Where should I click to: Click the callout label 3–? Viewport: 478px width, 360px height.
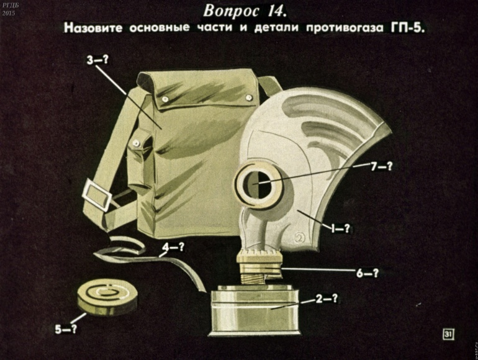97,60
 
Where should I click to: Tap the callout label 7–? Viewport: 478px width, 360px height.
381,166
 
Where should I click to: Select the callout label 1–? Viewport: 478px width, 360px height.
341,228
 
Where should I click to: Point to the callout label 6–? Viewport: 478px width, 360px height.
368,273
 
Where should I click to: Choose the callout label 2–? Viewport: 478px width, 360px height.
327,299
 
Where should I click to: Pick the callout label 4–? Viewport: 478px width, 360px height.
173,247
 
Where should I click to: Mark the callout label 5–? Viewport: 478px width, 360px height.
66,329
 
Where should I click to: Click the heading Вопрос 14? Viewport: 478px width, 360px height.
245,11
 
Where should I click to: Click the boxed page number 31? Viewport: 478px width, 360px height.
448,334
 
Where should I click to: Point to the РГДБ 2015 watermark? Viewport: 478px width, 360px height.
9,9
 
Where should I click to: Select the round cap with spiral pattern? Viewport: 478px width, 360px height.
107,297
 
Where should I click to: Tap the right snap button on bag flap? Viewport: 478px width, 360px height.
248,97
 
